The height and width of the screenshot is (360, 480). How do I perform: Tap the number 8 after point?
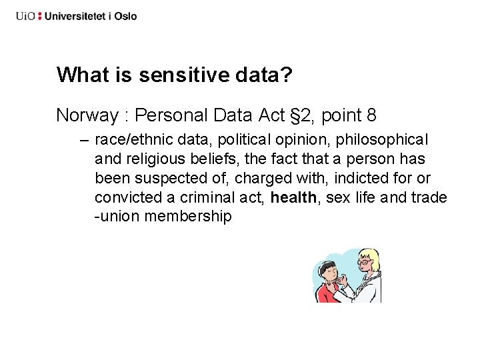(x=371, y=115)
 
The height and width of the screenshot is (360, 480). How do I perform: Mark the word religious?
(x=155, y=159)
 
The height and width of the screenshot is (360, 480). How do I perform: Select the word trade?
(x=430, y=198)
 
